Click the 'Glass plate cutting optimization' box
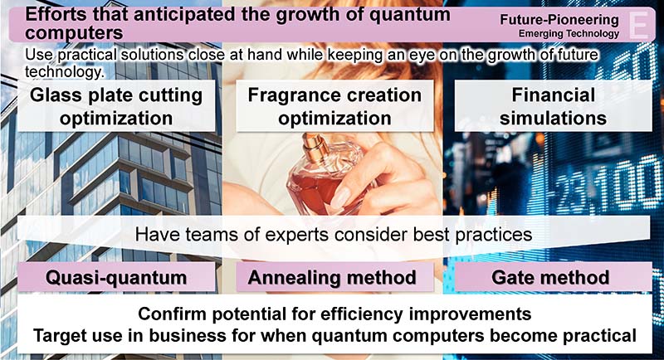(116, 105)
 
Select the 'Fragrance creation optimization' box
(334, 105)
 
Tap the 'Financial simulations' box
(553, 105)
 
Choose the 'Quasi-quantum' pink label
(116, 278)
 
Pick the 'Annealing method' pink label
(334, 278)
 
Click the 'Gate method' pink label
(553, 278)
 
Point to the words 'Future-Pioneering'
(559, 19)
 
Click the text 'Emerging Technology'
(569, 33)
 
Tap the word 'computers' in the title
(74, 33)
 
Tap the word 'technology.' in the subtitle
(65, 71)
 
